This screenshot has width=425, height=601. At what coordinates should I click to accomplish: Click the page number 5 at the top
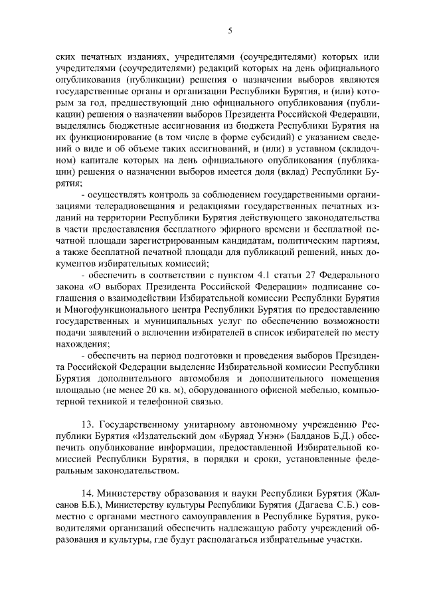tap(229, 30)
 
